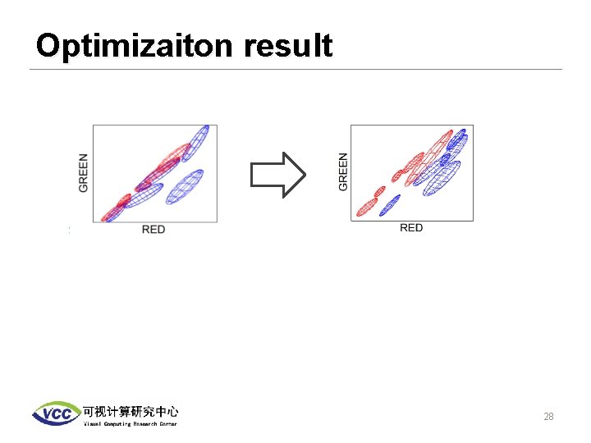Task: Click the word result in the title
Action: point(287,46)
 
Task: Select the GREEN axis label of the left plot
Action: point(84,173)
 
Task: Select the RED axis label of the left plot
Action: point(153,230)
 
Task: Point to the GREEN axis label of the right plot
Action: point(342,172)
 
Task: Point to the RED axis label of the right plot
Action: point(411,228)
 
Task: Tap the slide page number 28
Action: point(548,417)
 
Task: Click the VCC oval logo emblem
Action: point(56,413)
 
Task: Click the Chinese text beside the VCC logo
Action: point(130,411)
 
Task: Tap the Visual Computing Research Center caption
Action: point(130,423)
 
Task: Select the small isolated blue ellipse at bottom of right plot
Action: point(390,202)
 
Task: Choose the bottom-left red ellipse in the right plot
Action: point(364,209)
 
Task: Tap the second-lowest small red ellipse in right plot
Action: point(378,193)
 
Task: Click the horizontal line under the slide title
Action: point(295,69)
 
